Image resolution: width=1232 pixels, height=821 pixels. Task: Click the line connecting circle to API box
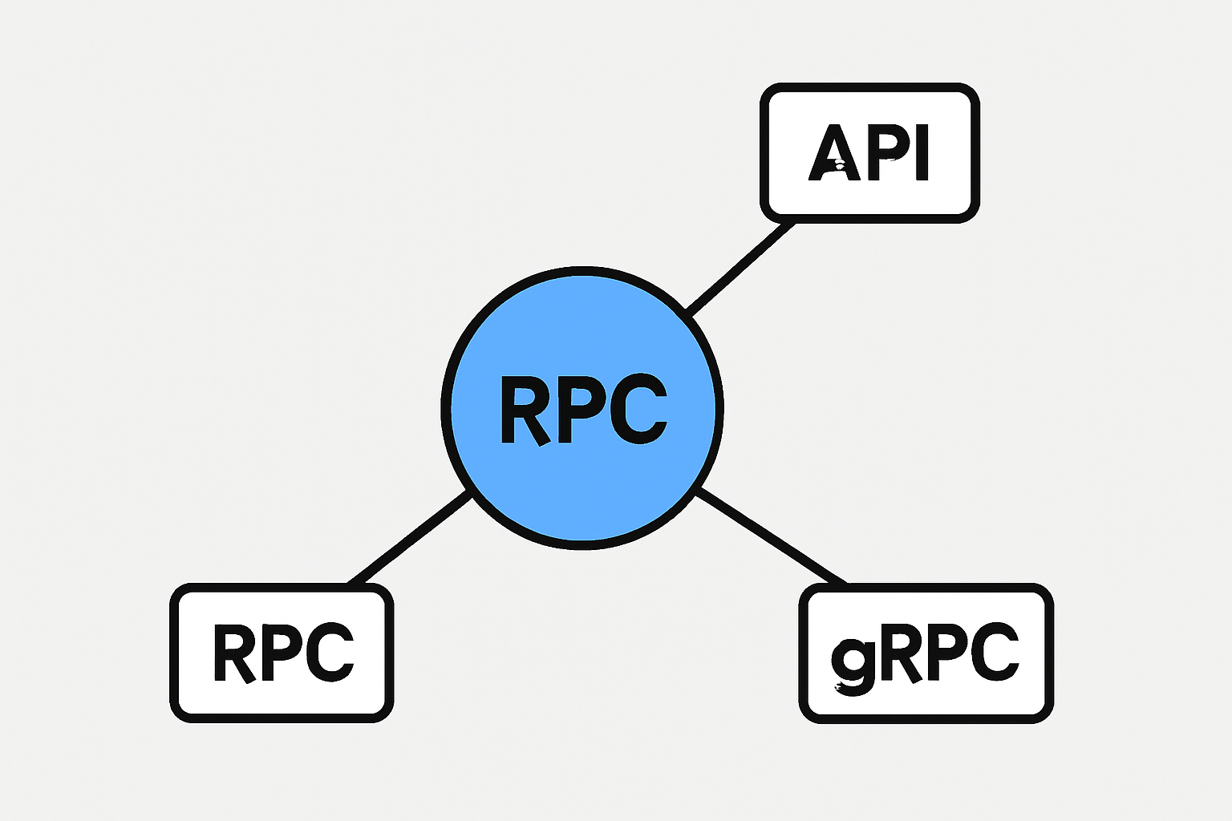tap(740, 268)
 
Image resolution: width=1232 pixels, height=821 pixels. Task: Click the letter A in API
tap(834, 152)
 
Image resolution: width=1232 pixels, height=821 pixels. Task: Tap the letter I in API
tap(921, 152)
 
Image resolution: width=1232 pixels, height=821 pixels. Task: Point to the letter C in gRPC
tap(995, 652)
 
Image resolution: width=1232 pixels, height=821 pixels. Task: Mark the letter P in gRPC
tap(946, 650)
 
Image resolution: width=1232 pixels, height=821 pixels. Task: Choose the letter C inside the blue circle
tap(638, 409)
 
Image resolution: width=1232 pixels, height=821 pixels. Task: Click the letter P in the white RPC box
tap(282, 650)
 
